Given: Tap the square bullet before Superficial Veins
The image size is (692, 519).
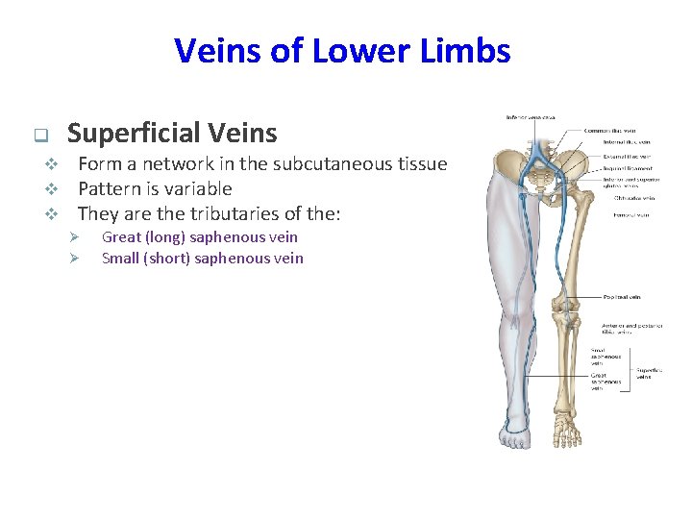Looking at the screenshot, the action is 39,135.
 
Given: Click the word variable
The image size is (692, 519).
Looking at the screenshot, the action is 198,188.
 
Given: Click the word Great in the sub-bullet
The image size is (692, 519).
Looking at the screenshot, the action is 120,236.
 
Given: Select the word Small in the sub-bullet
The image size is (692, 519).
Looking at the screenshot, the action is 120,258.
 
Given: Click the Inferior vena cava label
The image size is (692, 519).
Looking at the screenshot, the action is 530,118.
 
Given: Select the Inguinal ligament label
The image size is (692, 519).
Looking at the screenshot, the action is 627,167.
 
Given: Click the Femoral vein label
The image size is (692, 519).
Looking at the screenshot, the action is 630,214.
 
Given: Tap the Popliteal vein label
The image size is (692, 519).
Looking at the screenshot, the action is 623,298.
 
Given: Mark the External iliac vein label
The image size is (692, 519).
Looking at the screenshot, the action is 628,156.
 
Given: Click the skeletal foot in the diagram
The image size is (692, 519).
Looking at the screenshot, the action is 568,432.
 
